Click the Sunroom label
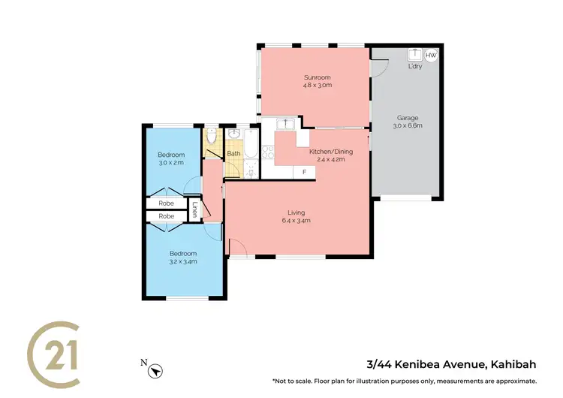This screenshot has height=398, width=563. [318, 77]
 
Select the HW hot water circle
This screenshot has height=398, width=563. [431, 56]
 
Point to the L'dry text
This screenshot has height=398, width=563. [414, 66]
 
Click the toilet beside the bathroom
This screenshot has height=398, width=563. [212, 137]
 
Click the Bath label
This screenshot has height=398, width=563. [233, 154]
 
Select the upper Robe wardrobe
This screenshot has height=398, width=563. [166, 203]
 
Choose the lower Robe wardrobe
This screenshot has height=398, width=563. [166, 216]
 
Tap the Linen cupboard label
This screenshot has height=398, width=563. [194, 210]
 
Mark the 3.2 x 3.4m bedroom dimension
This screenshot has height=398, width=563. [182, 262]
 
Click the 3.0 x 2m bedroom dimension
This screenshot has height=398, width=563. [170, 163]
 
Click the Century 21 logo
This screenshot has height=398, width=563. [54, 351]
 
